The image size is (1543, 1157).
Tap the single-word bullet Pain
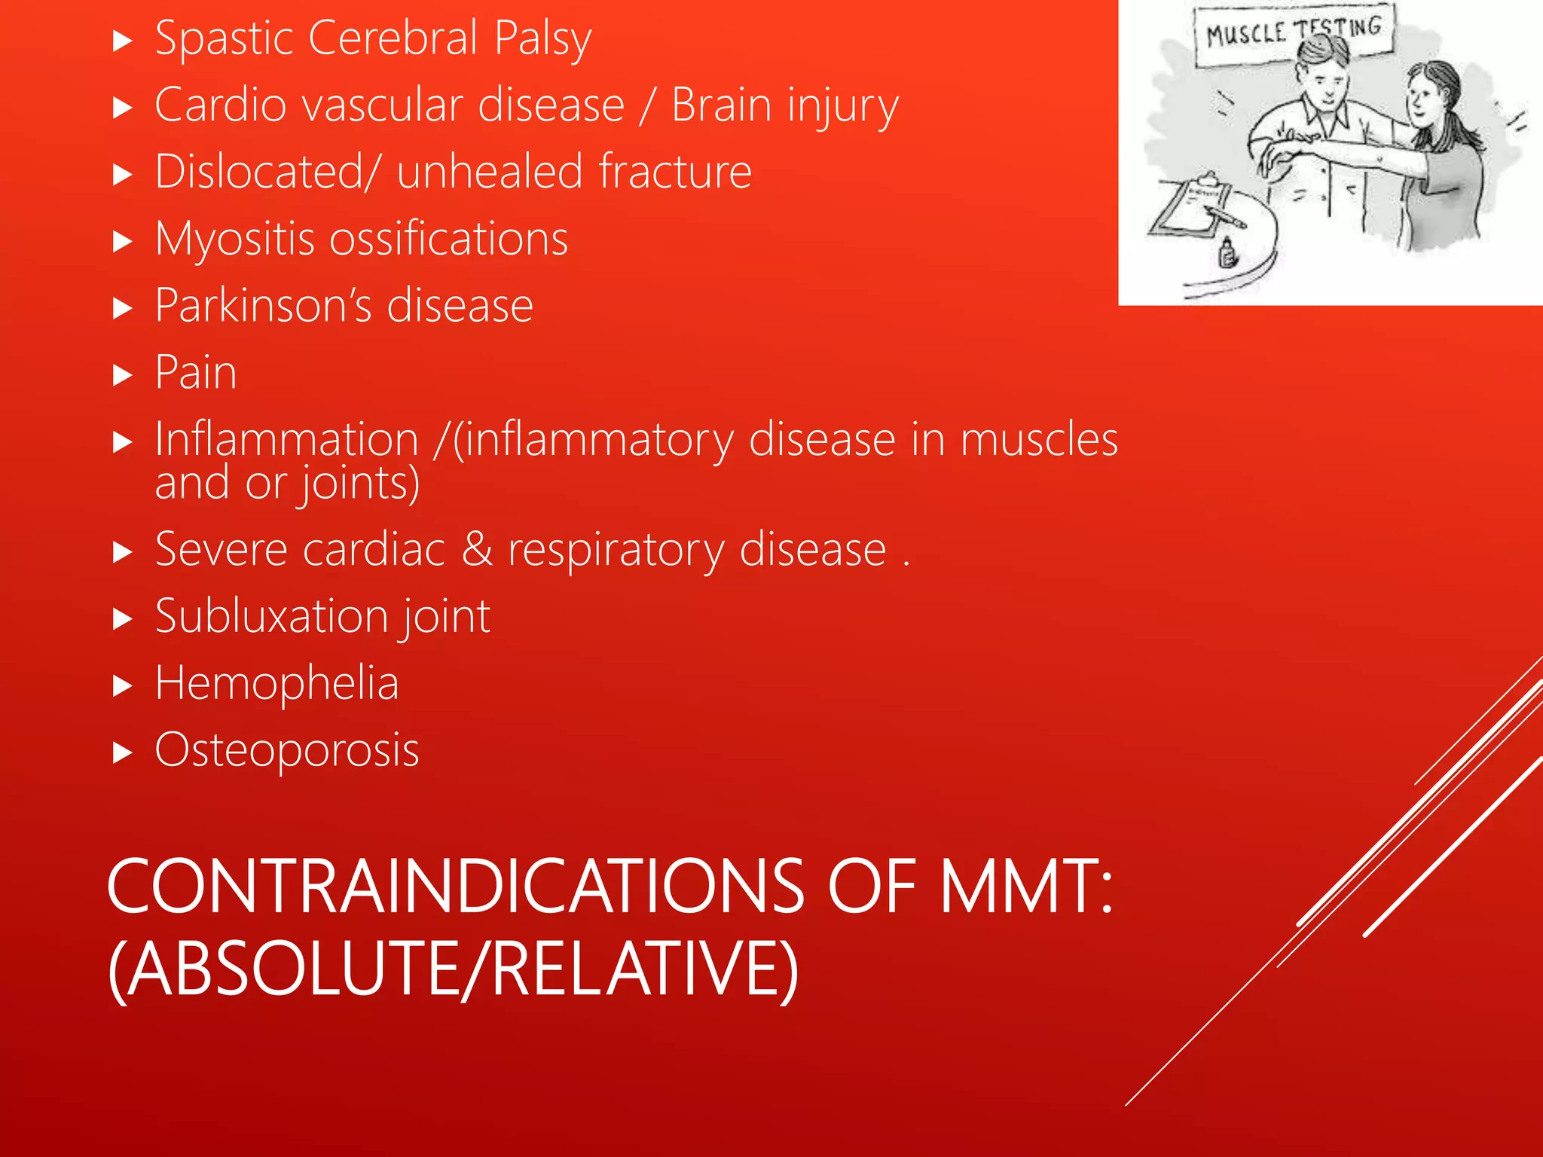tap(196, 372)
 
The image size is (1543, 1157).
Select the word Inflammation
tap(286, 439)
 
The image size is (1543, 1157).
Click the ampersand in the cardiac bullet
tap(476, 548)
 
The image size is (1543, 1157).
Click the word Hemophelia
tap(277, 683)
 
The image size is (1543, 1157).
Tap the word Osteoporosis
tap(286, 750)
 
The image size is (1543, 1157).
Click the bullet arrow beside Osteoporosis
tap(122, 752)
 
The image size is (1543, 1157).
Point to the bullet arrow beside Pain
tap(122, 374)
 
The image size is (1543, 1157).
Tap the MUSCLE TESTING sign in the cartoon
tap(1293, 33)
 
